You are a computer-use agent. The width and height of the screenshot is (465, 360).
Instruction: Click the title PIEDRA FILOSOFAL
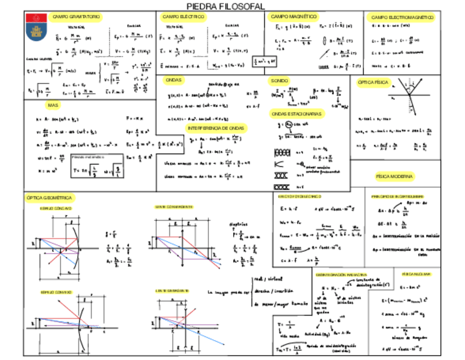point(225,6)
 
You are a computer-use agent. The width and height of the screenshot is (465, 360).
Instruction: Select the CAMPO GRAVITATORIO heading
point(76,18)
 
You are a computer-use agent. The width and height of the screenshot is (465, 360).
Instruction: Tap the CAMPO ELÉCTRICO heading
point(184,18)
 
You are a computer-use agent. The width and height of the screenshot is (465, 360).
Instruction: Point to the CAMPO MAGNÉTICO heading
point(294,17)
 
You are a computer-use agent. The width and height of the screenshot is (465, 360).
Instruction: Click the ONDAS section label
point(174,80)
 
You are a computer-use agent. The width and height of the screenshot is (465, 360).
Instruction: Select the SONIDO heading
point(279,81)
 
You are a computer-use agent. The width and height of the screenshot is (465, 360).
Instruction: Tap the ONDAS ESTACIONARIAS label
point(297,114)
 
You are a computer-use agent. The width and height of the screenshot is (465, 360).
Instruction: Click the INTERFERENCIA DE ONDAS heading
point(217,127)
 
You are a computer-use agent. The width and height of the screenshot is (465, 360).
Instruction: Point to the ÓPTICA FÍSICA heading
point(373,82)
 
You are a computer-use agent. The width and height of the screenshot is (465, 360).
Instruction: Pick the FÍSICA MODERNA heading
point(394,177)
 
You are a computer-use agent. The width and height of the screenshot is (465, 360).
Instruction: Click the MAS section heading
point(53,105)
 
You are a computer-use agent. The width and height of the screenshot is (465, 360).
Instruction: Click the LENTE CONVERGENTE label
point(173,207)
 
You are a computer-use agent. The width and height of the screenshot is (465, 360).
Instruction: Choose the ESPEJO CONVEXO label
point(55,292)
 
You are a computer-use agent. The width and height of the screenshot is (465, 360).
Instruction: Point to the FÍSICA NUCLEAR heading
point(416,273)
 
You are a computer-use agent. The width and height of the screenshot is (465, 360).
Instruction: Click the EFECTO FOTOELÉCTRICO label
point(300,196)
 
